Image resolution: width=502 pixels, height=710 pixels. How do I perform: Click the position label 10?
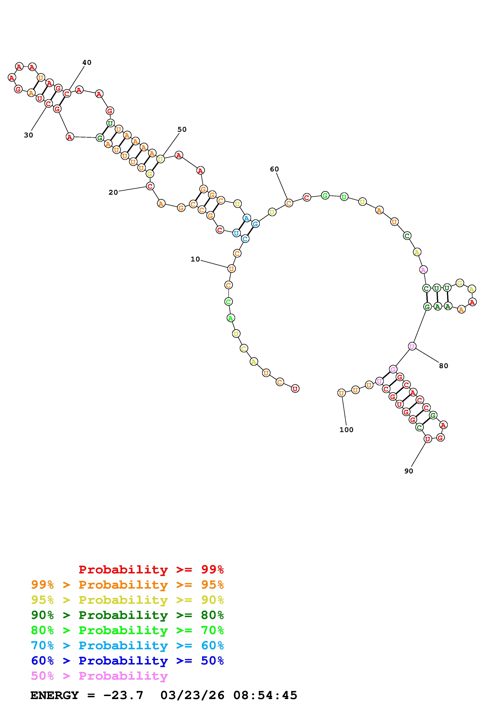tap(195, 259)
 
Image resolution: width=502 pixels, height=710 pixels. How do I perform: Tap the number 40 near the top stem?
tap(87, 63)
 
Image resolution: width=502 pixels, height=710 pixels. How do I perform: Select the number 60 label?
tap(274, 169)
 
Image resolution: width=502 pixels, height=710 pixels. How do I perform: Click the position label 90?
tap(409, 471)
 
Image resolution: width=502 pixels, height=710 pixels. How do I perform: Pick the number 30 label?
tap(29, 135)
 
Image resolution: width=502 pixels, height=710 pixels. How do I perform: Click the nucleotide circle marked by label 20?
tap(150, 186)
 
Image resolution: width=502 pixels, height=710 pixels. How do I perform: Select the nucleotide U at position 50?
tap(160, 159)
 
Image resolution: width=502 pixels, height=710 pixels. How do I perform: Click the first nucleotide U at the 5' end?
tap(295, 389)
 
